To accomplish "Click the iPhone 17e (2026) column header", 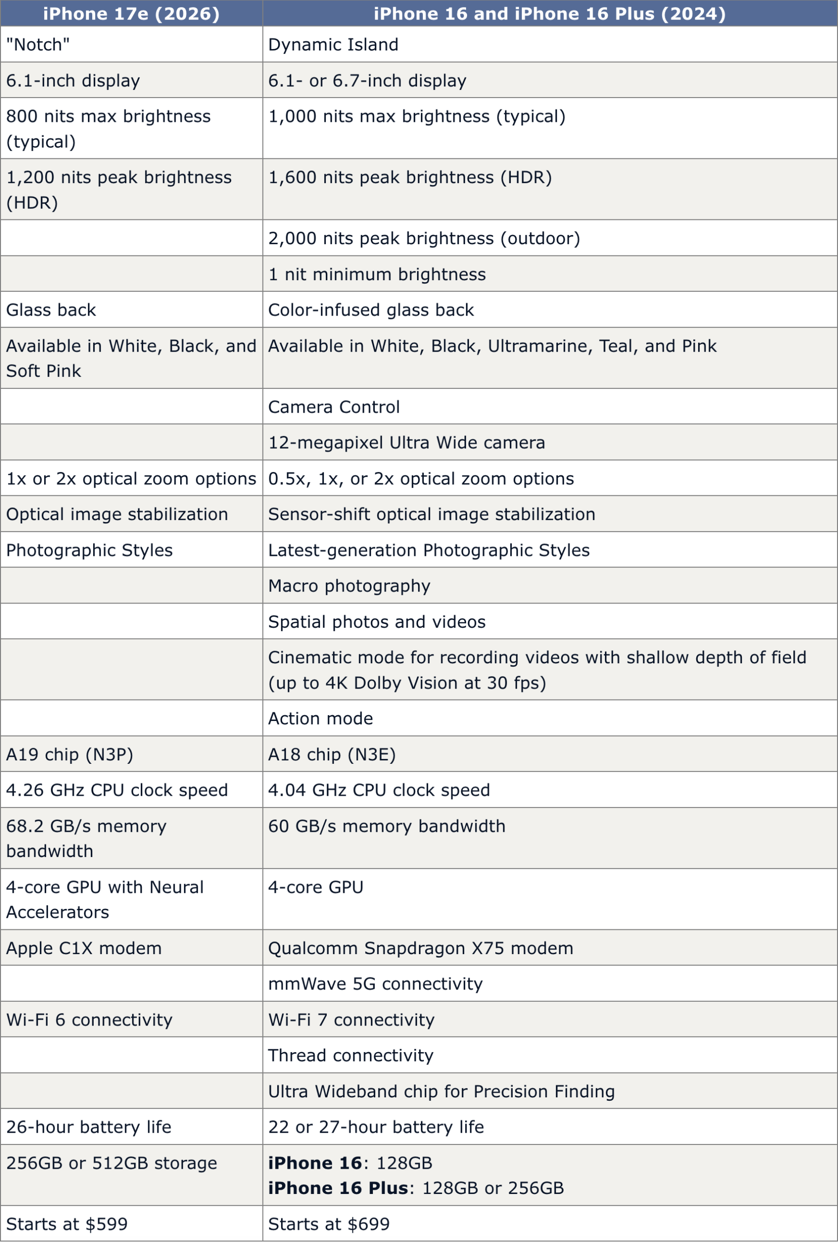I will (x=131, y=14).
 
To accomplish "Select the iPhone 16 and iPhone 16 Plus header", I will (x=550, y=14).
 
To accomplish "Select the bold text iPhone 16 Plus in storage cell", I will (x=338, y=1188).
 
